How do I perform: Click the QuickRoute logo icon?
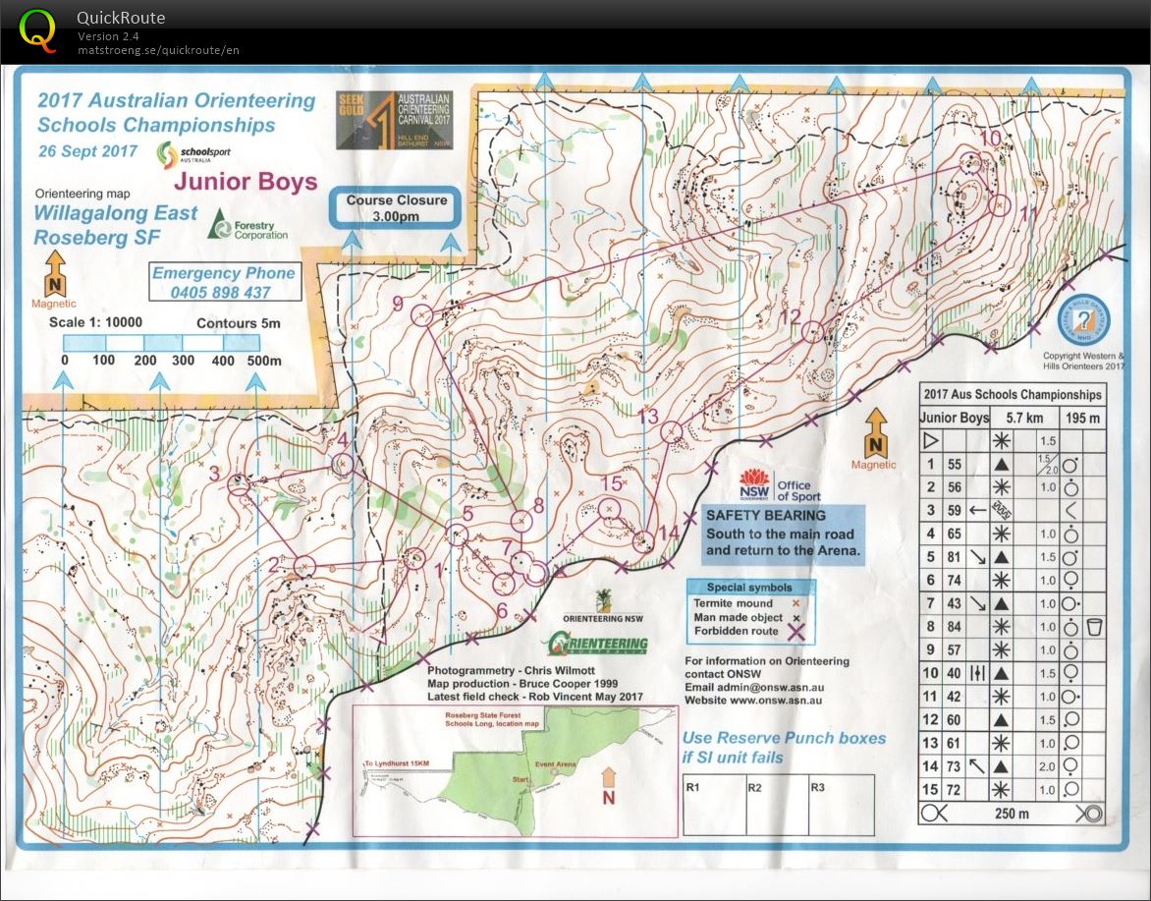[37, 29]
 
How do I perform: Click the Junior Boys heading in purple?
[246, 182]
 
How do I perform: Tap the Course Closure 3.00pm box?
[396, 207]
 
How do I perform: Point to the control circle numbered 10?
[971, 163]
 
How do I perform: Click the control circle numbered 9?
[422, 314]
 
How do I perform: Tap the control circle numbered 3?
[238, 483]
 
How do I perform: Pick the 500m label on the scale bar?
[263, 361]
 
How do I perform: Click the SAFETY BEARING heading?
[765, 515]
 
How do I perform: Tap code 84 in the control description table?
[955, 626]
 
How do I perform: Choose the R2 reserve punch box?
[754, 787]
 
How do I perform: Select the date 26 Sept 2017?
[87, 151]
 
